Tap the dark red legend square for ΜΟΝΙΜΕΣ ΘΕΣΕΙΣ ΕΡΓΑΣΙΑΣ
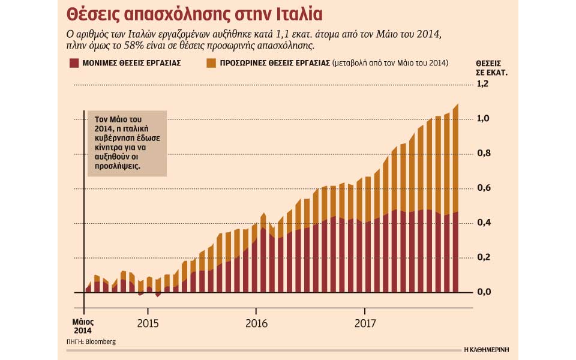click(74, 63)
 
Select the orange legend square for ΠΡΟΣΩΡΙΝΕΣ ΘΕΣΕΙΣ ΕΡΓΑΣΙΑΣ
click(210, 63)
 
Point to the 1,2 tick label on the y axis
click(482, 84)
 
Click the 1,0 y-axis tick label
click(482, 119)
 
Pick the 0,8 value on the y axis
click(482, 154)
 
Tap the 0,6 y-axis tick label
click(482, 188)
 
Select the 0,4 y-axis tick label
click(482, 223)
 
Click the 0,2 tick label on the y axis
click(482, 257)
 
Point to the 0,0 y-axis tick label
click(482, 292)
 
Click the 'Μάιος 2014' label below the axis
click(83, 326)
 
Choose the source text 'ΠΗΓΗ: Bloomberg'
click(91, 341)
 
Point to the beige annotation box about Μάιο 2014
click(127, 143)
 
